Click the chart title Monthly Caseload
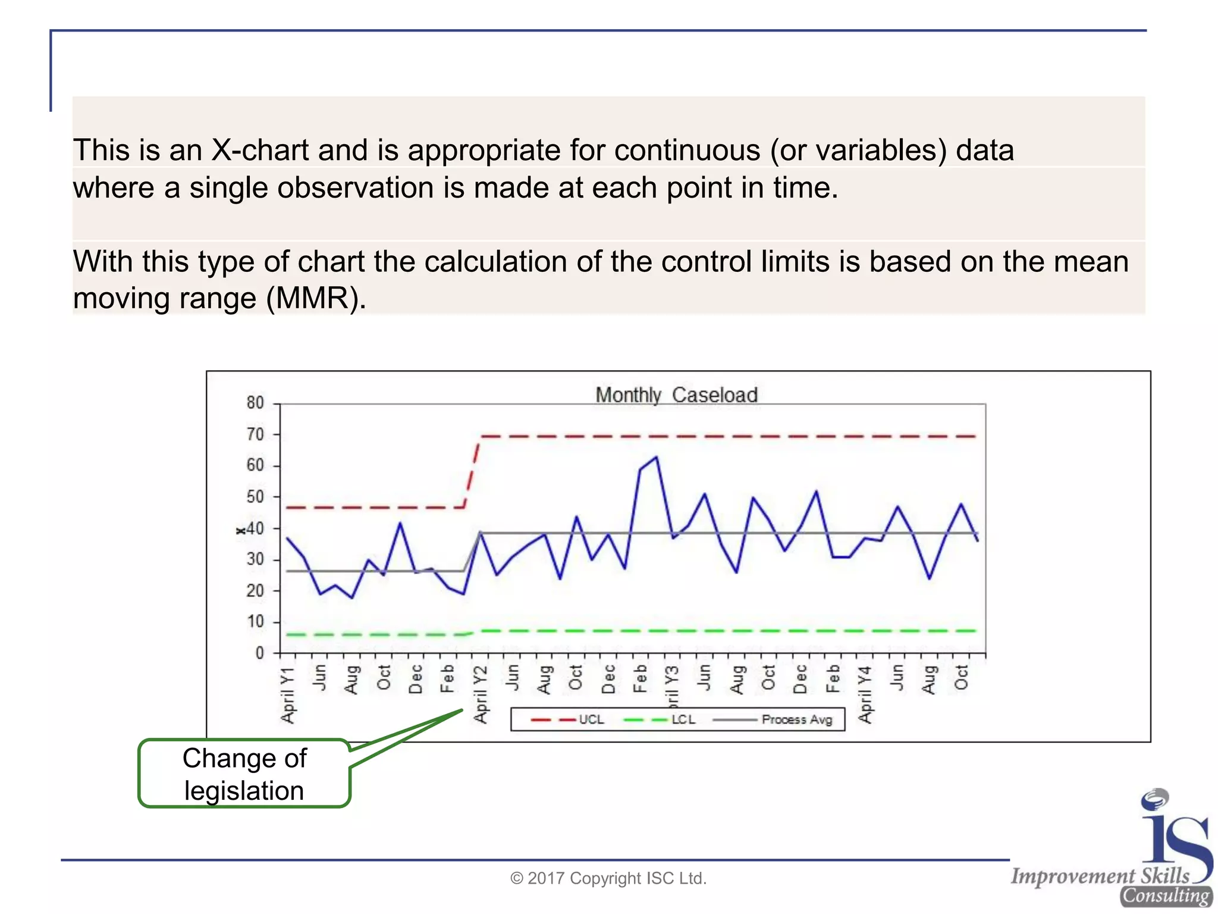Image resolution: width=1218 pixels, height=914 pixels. pos(676,395)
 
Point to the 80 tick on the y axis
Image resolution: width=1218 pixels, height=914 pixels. pos(255,403)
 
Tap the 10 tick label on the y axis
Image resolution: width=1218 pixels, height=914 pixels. pos(255,622)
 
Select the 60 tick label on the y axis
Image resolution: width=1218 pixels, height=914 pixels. pos(255,465)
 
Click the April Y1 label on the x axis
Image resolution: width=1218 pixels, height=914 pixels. pos(288,695)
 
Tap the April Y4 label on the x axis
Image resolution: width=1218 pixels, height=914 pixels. pos(865,695)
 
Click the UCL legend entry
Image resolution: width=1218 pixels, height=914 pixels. pos(568,719)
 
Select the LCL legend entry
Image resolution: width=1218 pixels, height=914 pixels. pos(660,719)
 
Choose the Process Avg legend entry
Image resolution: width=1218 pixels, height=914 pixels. pos(773,719)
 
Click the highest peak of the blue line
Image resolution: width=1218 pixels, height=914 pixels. pos(656,457)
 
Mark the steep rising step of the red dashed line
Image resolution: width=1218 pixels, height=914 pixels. pos(472,473)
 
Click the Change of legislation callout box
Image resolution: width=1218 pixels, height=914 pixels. pos(244,774)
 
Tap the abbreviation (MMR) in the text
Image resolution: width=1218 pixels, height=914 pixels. pos(316,298)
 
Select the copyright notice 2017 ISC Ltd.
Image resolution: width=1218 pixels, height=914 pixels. pos(608,878)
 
